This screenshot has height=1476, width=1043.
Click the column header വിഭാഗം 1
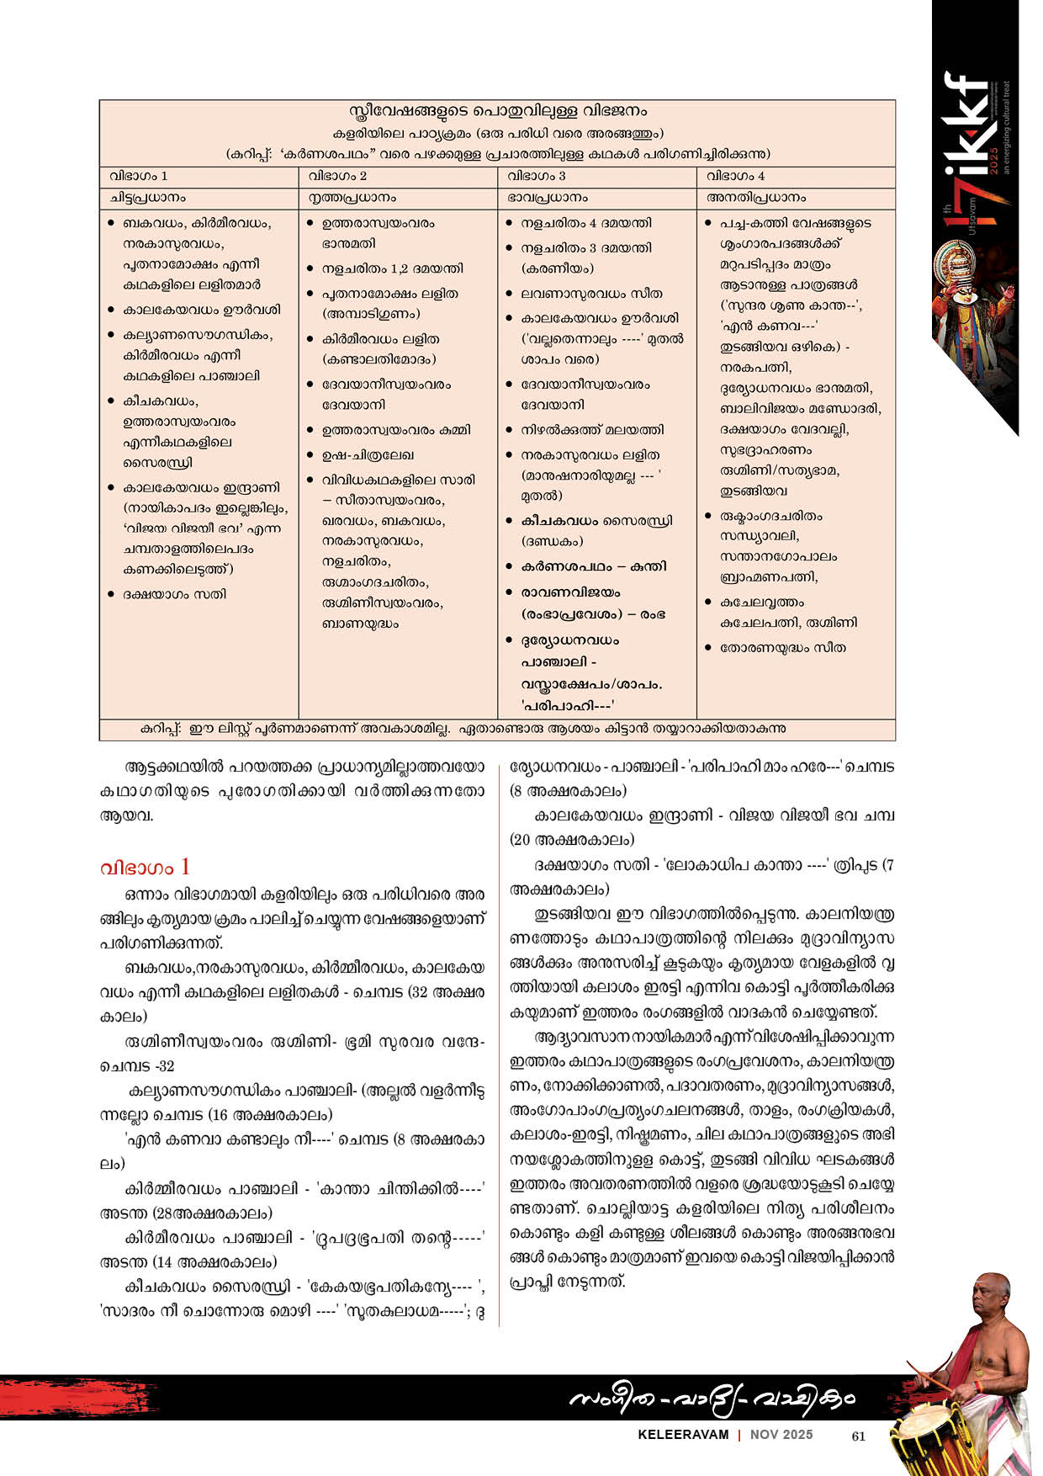pos(139,176)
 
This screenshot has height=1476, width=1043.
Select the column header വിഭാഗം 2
pos(337,176)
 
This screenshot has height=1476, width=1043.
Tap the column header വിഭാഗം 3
pos(537,176)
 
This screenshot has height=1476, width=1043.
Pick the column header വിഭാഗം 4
pos(736,176)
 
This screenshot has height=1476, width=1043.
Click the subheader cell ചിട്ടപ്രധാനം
pos(148,198)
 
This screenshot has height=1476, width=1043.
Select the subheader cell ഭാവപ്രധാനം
pos(548,198)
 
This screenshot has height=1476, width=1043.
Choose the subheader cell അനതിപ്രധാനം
pos(756,198)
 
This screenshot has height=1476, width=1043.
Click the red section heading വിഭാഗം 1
pos(145,868)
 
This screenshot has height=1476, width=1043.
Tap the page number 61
pos(858,1436)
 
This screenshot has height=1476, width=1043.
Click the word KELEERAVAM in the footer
pos(683,1435)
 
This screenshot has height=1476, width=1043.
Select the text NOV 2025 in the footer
pos(781,1435)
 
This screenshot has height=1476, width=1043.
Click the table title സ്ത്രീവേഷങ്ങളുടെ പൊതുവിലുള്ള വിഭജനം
pos(498,111)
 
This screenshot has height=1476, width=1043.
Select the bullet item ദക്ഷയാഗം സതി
pos(174,594)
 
